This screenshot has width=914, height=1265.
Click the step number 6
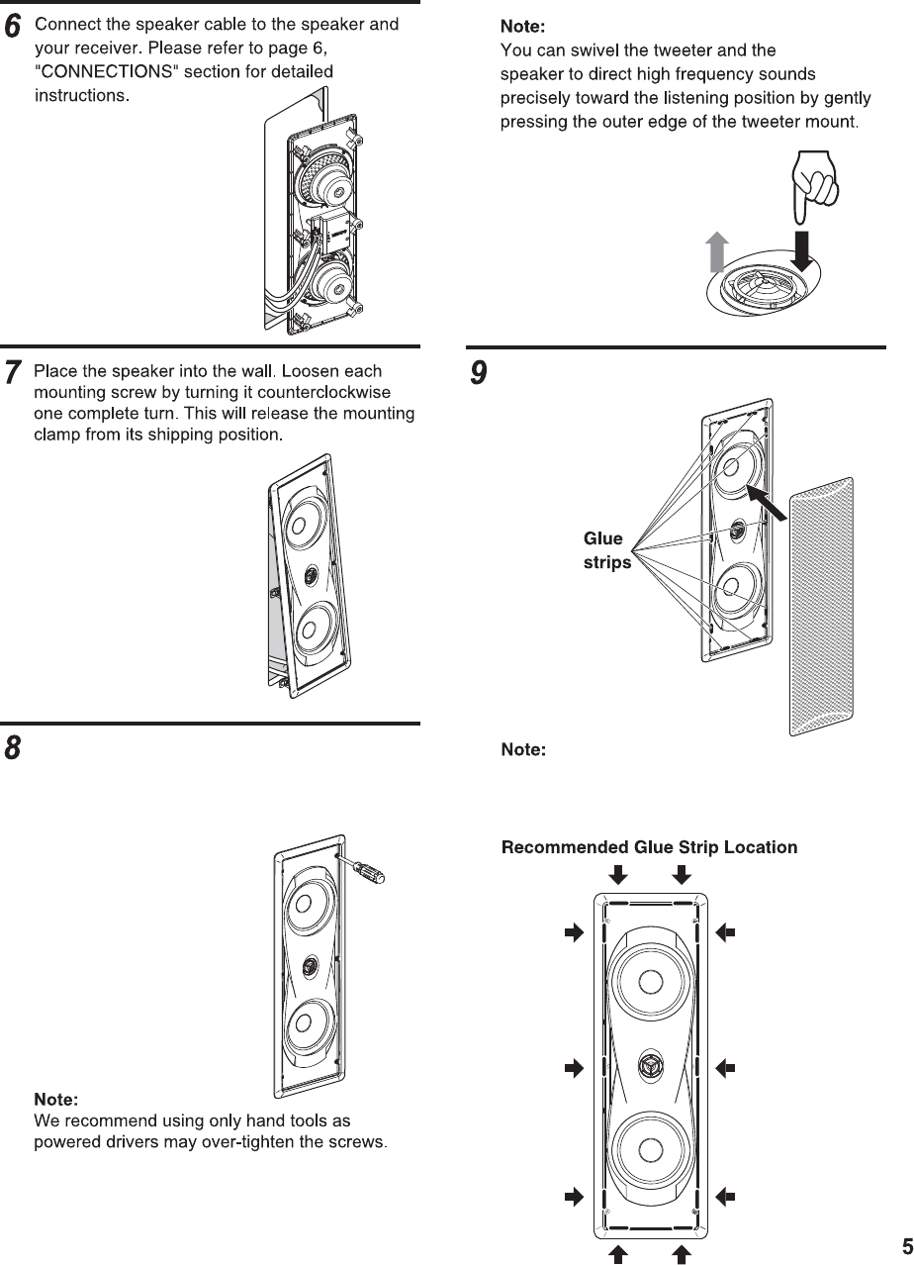13,29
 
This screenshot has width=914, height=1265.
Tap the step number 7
13,374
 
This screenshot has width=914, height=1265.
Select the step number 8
13,748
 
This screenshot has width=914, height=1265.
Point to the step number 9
479,374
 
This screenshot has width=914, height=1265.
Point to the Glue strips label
605,550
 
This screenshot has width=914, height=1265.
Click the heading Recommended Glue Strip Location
649,847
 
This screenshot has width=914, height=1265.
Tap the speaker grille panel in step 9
821,606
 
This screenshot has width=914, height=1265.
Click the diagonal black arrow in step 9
768,502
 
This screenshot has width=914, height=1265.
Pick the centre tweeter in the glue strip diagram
650,1066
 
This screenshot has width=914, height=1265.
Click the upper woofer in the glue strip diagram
650,982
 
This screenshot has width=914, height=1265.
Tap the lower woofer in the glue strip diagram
650,1151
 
